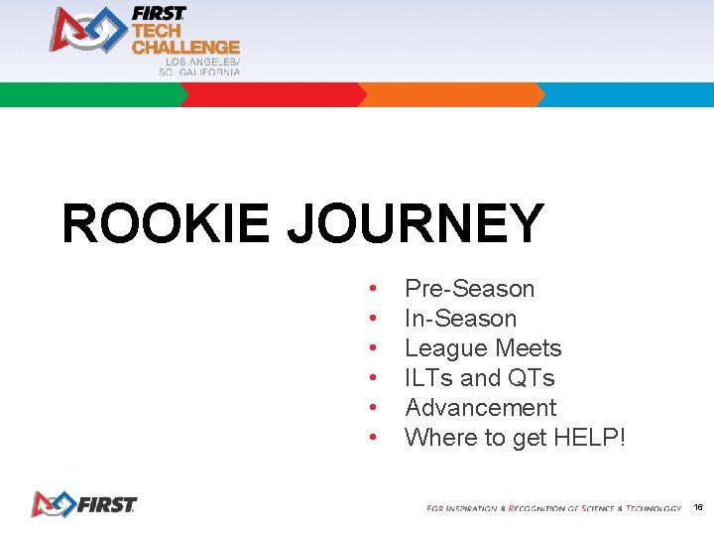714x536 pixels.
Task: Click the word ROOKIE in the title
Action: (165, 223)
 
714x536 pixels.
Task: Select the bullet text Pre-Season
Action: (469, 289)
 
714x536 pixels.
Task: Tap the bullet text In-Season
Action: (460, 319)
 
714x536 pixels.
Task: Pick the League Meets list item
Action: (483, 348)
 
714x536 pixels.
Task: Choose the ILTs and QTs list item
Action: (479, 378)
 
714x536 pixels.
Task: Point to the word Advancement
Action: (480, 408)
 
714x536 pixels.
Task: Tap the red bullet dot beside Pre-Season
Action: (372, 289)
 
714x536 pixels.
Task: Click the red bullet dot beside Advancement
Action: (372, 408)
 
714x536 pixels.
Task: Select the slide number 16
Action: (698, 507)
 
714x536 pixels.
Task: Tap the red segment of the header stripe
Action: (273, 95)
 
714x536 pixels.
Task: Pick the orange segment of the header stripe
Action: (451, 95)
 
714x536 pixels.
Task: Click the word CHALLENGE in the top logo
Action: (185, 47)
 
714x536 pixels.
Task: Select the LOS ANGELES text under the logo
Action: (201, 62)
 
